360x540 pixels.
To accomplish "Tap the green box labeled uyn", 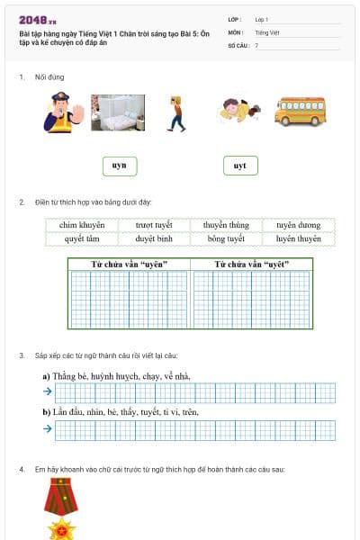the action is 119,166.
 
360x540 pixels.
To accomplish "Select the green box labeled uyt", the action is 239,166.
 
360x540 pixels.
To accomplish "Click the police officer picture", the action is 61,113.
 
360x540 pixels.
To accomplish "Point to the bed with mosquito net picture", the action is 118,112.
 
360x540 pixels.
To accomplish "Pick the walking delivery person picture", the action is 175,113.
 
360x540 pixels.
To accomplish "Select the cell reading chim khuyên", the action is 82,225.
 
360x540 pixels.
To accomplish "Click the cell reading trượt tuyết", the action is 154,225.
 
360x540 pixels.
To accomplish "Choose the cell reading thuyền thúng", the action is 226,225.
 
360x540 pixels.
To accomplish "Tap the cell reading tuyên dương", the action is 298,225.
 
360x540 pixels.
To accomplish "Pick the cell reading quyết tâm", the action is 82,239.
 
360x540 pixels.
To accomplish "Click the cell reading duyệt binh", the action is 154,239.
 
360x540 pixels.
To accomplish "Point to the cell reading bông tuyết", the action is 226,239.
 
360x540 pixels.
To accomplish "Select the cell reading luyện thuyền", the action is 298,239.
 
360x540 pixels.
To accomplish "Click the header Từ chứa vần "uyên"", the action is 129,264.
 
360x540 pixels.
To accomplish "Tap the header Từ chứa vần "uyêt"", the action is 251,264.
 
